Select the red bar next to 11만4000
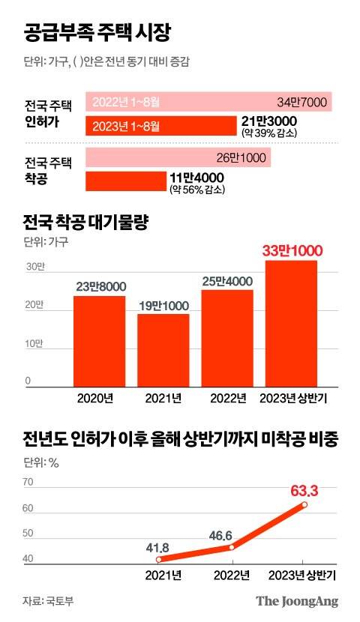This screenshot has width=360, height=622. (x=126, y=181)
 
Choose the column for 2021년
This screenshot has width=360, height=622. (x=163, y=349)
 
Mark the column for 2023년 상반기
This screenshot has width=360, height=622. (x=290, y=323)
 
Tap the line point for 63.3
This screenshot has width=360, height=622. (x=304, y=505)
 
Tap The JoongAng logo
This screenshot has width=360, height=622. (x=297, y=600)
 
